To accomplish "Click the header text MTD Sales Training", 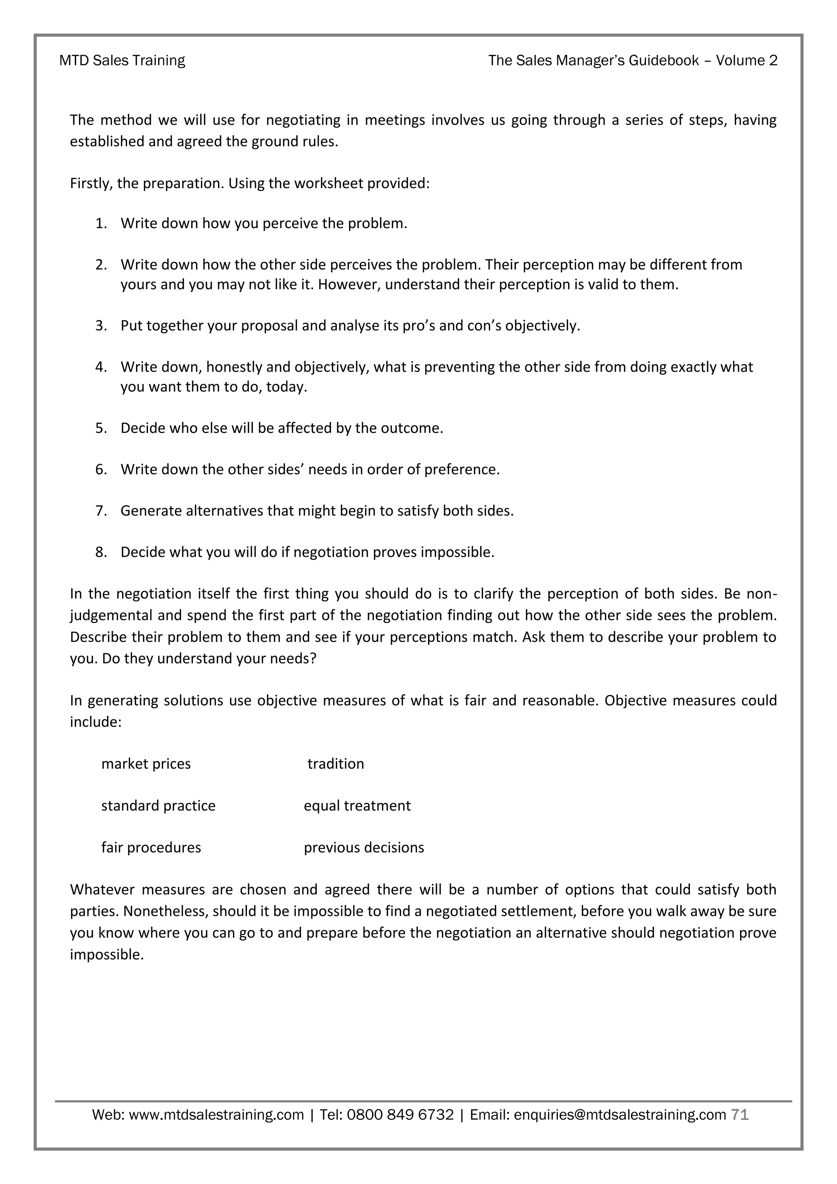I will (x=122, y=61).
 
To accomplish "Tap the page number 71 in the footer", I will (x=740, y=1114).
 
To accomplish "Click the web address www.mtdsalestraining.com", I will (x=216, y=1115).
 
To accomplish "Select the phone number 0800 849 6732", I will (x=400, y=1115).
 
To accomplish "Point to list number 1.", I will (x=101, y=223).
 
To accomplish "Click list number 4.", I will (x=101, y=367).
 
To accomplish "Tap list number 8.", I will (x=101, y=552).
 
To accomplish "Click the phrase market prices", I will (x=146, y=764).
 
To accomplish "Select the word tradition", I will (x=336, y=764).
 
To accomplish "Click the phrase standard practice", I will (x=158, y=805).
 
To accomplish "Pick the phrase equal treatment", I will (x=357, y=805).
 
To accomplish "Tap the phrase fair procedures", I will (x=151, y=847).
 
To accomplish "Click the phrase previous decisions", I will (x=364, y=847).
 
